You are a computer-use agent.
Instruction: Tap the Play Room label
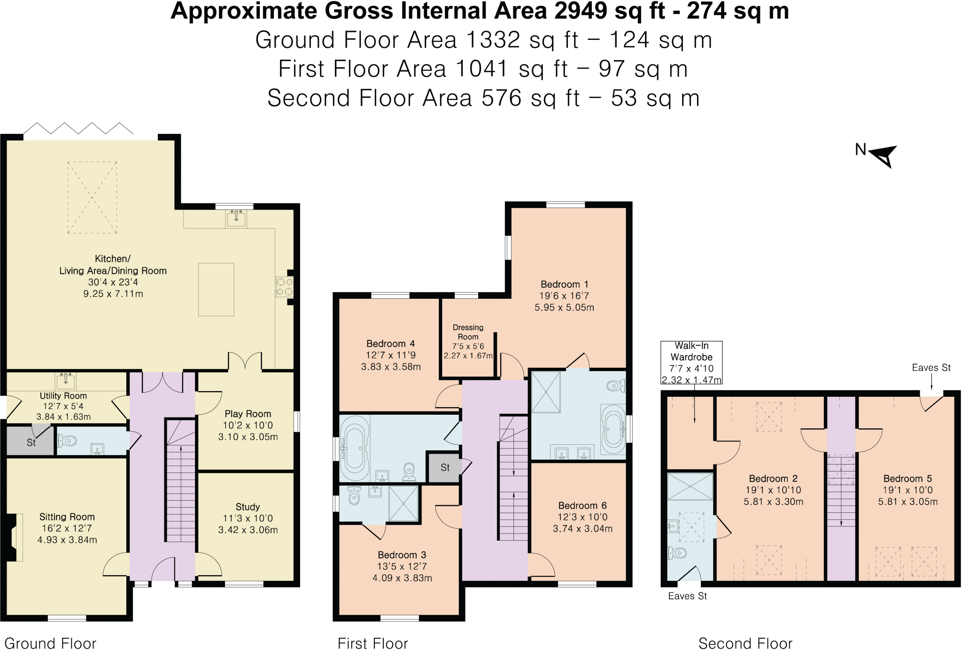248,414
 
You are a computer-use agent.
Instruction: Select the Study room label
248,507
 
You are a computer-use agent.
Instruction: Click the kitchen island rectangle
216,289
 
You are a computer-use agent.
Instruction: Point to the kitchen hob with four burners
284,287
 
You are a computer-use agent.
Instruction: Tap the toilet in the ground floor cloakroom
68,441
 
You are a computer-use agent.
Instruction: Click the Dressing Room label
468,332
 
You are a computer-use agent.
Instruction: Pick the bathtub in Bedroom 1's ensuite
613,429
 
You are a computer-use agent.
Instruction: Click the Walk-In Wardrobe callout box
691,363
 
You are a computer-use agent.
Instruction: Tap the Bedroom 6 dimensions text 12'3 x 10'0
582,517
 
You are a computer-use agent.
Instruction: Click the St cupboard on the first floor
443,467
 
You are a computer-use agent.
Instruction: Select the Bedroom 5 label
908,479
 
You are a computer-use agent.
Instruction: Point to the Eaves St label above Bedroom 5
931,368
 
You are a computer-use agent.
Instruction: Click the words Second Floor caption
745,643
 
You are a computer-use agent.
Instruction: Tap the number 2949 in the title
581,11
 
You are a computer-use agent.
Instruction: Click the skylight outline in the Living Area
92,197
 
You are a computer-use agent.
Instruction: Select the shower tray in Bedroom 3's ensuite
403,504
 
